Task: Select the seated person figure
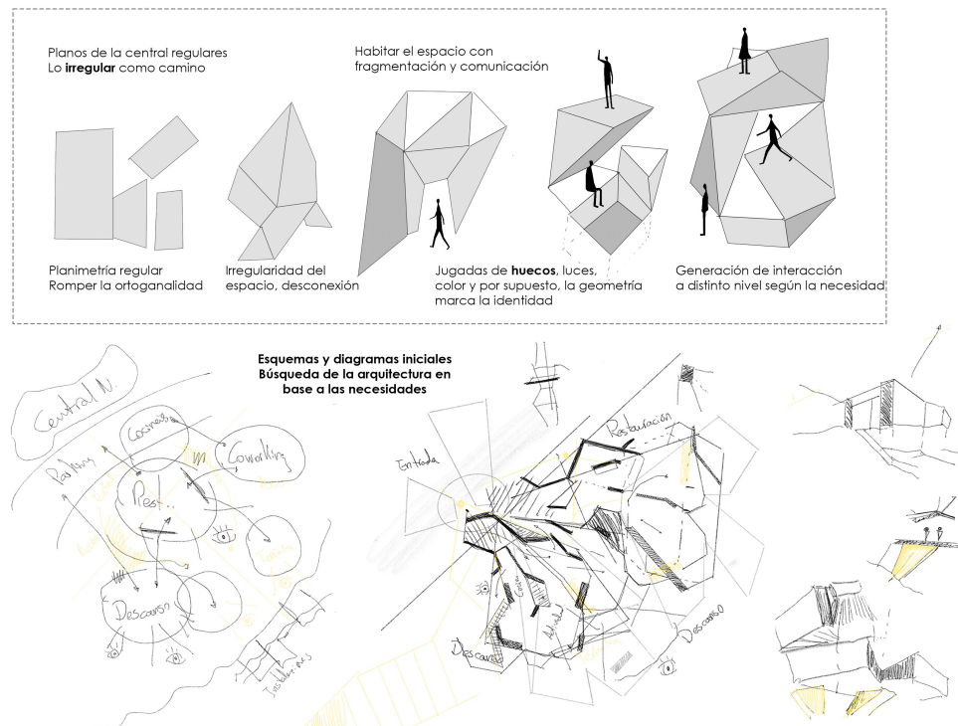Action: pos(594,184)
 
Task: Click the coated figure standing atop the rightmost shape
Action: pos(744,50)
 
